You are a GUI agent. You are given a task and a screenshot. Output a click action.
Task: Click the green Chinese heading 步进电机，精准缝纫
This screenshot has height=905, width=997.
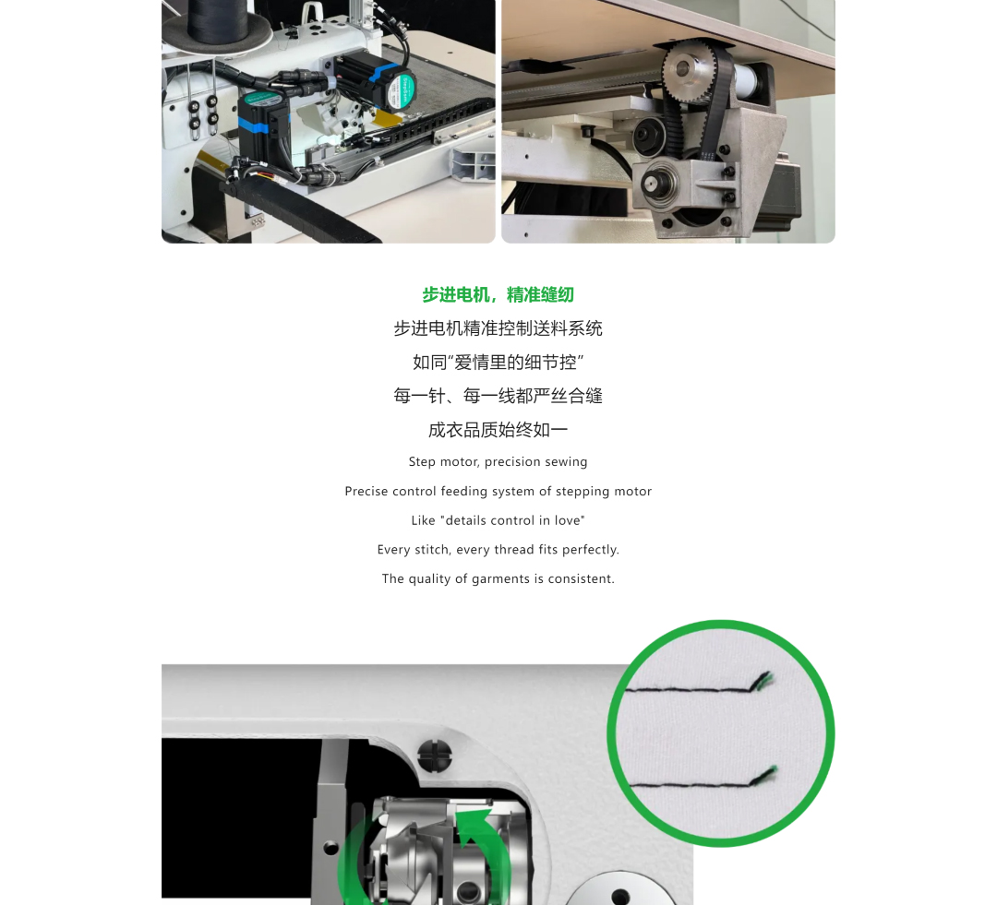tap(498, 295)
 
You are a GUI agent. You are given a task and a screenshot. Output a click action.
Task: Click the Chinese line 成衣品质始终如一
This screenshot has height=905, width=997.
tap(498, 430)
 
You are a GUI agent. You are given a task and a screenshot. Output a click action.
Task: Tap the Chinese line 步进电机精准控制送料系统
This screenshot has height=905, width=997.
tap(498, 328)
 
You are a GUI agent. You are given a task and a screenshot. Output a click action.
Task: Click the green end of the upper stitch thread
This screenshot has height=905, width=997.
tap(765, 679)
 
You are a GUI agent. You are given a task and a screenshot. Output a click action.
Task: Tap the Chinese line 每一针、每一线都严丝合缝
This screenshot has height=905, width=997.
tap(498, 396)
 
